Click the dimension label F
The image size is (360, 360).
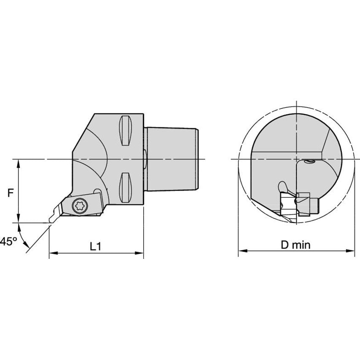pos(11,193)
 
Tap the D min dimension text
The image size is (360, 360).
pos(296,245)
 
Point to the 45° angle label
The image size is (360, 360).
pos(8,242)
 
